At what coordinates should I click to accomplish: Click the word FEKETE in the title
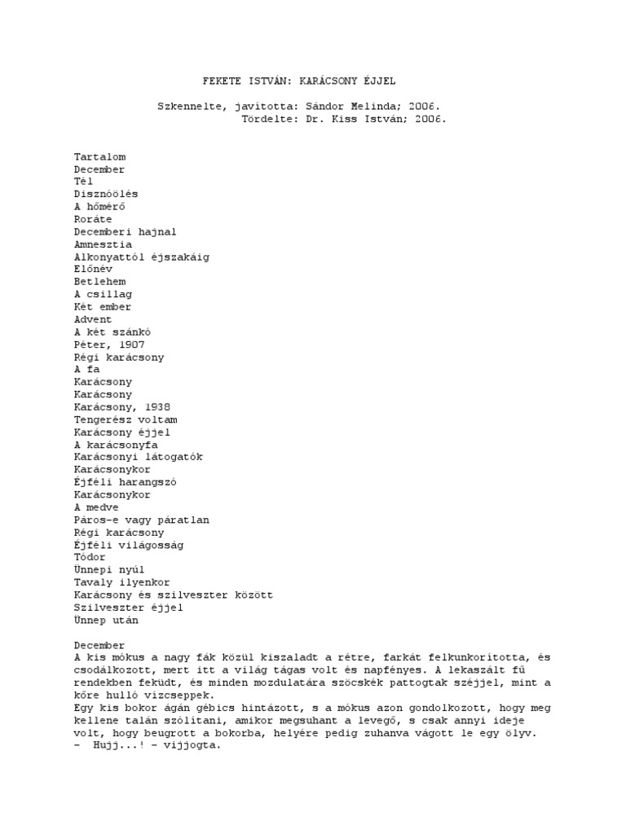click(221, 81)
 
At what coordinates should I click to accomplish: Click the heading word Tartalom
click(99, 156)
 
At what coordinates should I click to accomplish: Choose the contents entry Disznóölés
click(106, 194)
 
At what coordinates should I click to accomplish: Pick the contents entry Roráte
click(93, 219)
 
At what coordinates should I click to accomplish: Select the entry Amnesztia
click(103, 244)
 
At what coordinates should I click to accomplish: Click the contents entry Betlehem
click(99, 282)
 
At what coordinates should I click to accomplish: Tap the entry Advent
click(93, 319)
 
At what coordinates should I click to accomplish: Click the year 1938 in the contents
click(156, 407)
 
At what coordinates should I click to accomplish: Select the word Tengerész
click(103, 419)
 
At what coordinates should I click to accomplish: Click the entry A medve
click(96, 507)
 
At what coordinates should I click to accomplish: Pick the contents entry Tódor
click(90, 557)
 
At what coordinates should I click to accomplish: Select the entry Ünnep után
click(106, 620)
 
